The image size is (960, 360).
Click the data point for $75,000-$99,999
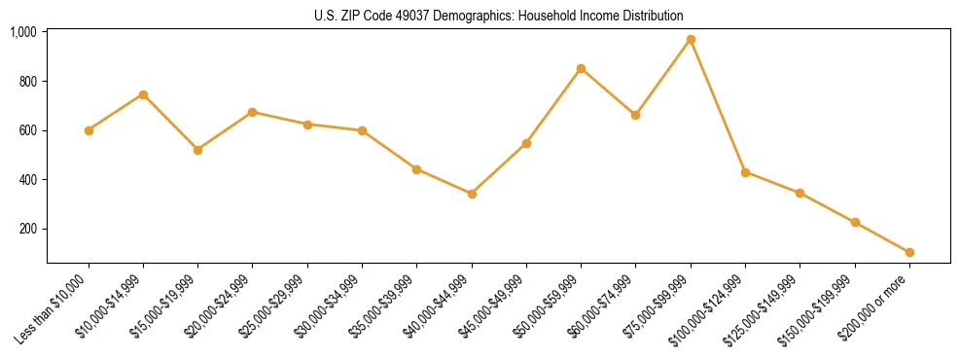pyautogui.click(x=691, y=40)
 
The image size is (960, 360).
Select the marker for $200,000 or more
pyautogui.click(x=909, y=252)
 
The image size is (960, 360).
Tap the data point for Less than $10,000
pyautogui.click(x=89, y=130)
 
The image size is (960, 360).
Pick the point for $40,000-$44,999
pyautogui.click(x=472, y=194)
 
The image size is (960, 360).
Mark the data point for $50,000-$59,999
pyautogui.click(x=581, y=69)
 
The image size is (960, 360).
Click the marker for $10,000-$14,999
pyautogui.click(x=143, y=94)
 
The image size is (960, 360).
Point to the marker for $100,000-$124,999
pyautogui.click(x=745, y=172)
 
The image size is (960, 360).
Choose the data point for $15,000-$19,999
pyautogui.click(x=197, y=150)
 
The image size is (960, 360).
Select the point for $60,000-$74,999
pyautogui.click(x=635, y=115)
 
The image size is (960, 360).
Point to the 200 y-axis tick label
pyautogui.click(x=27, y=229)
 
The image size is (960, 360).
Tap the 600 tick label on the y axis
pyautogui.click(x=27, y=130)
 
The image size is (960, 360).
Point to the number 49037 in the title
pyautogui.click(x=391, y=17)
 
